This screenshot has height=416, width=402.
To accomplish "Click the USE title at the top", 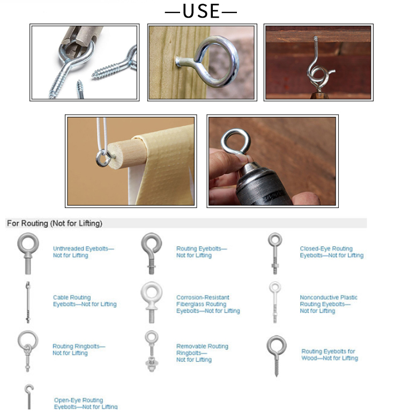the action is (201, 11).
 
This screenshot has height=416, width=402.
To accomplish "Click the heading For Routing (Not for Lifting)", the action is (54, 224).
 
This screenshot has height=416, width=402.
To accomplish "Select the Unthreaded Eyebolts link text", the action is (83, 252).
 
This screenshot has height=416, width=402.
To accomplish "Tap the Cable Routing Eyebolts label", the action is (85, 301).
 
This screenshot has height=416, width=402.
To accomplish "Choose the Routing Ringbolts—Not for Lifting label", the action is (79, 350).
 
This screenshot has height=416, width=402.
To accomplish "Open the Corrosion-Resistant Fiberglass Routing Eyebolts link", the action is (208, 304).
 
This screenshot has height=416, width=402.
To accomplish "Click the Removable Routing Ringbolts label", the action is (202, 353).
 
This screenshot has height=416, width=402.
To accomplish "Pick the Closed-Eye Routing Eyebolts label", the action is (332, 252).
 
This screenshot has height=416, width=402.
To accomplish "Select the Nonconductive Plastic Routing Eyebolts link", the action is (329, 304).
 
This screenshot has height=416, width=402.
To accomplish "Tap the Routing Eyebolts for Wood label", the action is (330, 355).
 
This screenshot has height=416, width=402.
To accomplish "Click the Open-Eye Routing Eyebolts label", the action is (86, 403).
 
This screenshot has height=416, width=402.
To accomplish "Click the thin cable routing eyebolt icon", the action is (28, 302).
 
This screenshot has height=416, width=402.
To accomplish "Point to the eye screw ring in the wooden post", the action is (216, 62).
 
